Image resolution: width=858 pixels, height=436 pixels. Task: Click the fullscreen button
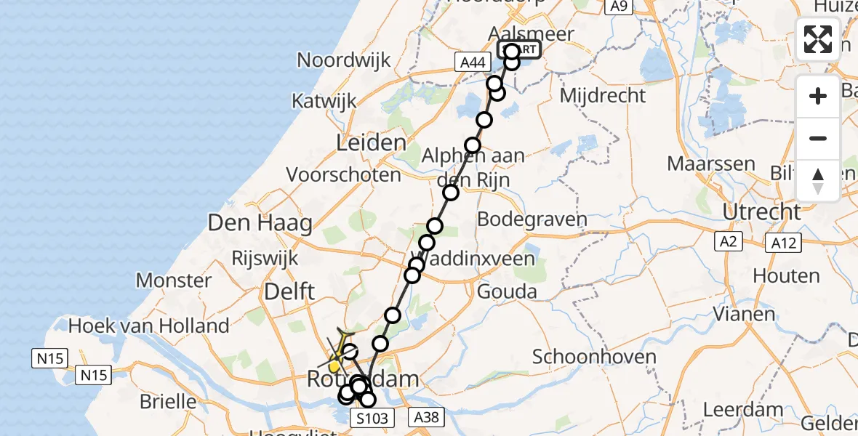[x=818, y=39]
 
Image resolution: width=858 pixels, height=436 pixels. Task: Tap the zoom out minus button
[x=818, y=138]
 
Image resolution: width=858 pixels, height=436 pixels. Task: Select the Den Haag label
[x=260, y=222]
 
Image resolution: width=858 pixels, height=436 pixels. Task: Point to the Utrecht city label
[x=763, y=212]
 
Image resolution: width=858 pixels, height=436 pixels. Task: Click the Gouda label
[x=507, y=292]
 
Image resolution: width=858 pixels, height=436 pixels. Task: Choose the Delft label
[x=289, y=292]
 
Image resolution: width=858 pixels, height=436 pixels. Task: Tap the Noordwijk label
[x=344, y=60]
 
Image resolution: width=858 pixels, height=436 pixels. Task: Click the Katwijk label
[x=325, y=100]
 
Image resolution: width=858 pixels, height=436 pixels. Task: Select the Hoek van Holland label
[x=148, y=326]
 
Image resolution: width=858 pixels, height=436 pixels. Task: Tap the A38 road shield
[x=427, y=416]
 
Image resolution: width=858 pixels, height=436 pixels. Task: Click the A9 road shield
[x=619, y=7]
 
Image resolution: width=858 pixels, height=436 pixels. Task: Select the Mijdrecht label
[x=604, y=95]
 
